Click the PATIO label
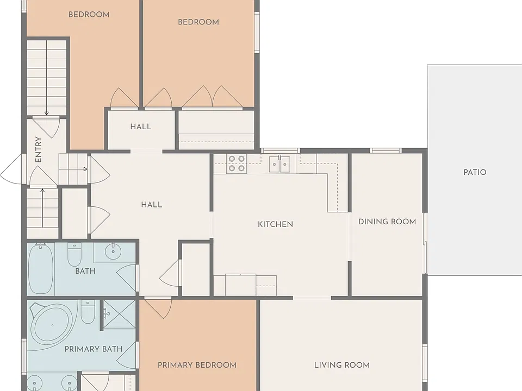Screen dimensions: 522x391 [475, 172]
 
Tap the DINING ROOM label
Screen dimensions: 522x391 [387, 222]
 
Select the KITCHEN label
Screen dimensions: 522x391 [275, 224]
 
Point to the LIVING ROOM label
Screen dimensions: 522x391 [342, 365]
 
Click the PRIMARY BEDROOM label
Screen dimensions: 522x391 [197, 365]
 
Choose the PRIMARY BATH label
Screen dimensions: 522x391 [93, 349]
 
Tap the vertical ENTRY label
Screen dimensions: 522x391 [38, 149]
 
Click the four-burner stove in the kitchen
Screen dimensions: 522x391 [237, 163]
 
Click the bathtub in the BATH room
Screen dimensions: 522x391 [41, 269]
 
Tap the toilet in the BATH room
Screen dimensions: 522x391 [74, 254]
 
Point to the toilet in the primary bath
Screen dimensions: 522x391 [88, 312]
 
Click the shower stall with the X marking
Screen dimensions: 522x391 [119, 314]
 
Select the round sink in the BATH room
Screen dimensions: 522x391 [113, 251]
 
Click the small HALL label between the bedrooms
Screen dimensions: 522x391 [141, 127]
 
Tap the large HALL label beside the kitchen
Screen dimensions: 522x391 [152, 205]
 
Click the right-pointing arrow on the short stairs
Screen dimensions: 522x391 [73, 169]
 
